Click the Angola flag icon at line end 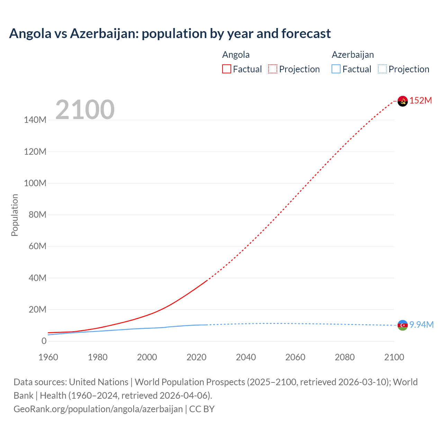pos(403,101)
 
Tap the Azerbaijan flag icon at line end pos(403,325)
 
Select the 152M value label pos(421,101)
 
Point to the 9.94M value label pos(422,325)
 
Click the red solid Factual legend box pos(227,69)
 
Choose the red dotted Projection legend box pos(273,69)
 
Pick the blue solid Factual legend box pos(336,69)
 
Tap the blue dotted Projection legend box pos(382,69)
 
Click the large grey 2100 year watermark pos(85,110)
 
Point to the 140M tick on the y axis pos(35,120)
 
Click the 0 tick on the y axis pos(44,341)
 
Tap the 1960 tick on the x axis pos(48,357)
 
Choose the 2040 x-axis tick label pos(246,357)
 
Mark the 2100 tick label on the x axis pos(394,357)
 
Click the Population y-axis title pos(15,215)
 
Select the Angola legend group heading pos(236,55)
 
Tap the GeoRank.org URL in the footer pos(98,409)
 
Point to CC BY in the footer pos(202,409)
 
